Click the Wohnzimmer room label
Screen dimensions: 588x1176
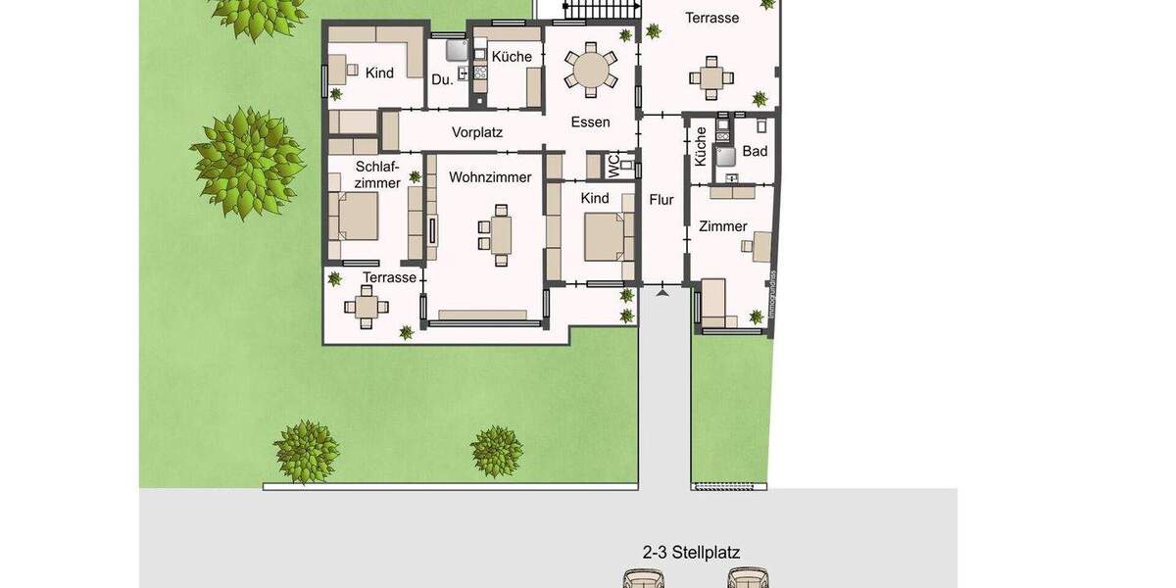click(490, 177)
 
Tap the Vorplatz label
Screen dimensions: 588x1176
click(477, 132)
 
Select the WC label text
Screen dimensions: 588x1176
click(614, 167)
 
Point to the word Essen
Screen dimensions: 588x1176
click(591, 122)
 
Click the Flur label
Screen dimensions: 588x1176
click(661, 200)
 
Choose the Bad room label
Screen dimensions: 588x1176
click(755, 151)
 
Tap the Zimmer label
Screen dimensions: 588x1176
click(723, 226)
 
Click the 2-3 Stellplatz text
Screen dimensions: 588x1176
click(691, 553)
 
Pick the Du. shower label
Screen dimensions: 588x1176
click(442, 79)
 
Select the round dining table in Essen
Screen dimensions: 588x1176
click(591, 70)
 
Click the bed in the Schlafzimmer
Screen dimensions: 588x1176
click(356, 216)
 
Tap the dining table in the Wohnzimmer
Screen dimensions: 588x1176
click(500, 235)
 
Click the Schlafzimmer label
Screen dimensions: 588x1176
click(377, 174)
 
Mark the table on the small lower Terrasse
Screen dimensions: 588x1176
click(366, 309)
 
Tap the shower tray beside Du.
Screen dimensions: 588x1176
click(456, 50)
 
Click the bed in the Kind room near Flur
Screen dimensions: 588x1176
click(606, 236)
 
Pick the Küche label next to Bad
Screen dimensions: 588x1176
click(701, 147)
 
